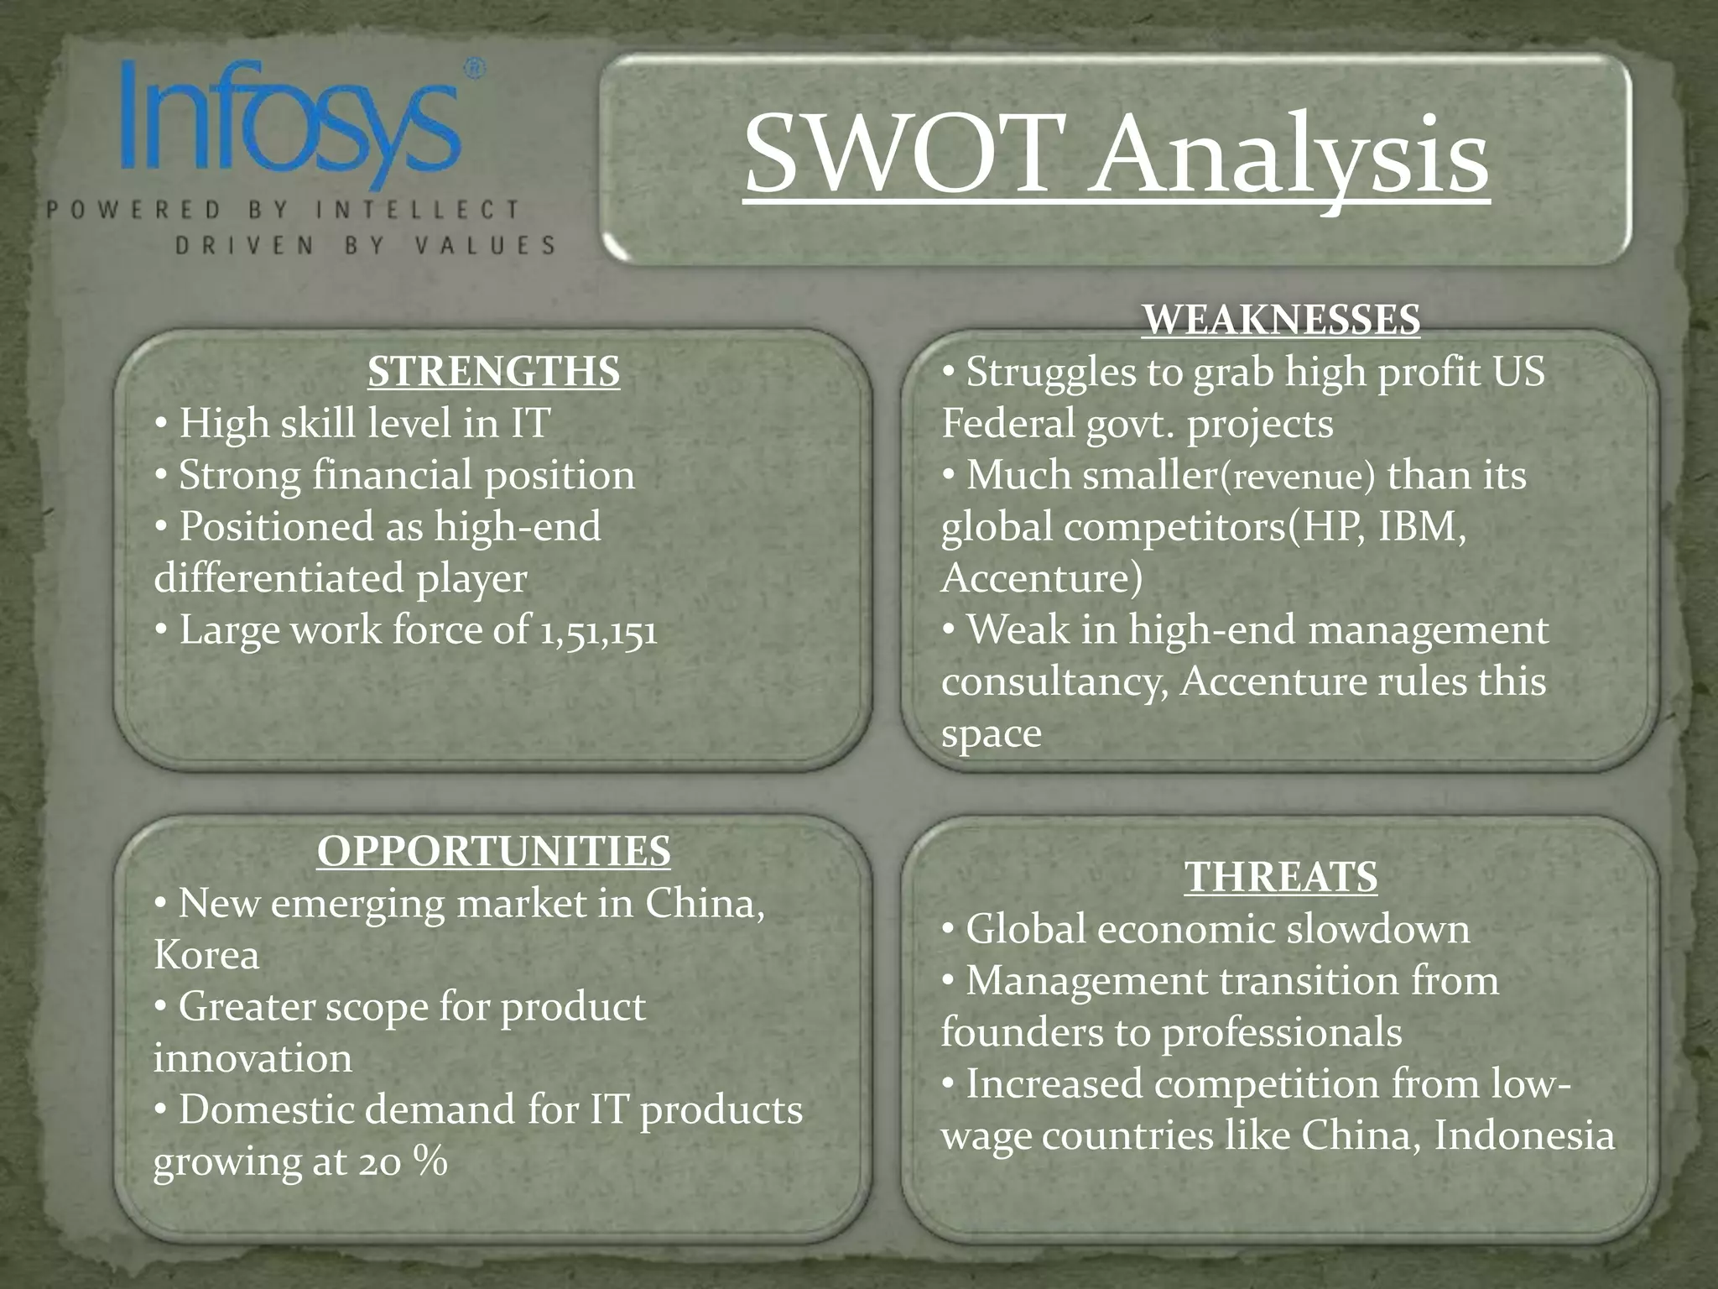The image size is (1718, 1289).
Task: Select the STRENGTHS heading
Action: [493, 372]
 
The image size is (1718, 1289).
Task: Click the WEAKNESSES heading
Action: [1281, 320]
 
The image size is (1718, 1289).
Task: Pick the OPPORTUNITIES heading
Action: [493, 851]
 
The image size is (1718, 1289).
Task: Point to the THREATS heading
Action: [1281, 877]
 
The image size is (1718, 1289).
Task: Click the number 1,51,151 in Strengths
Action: [597, 631]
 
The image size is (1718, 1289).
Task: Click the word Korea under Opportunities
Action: [206, 956]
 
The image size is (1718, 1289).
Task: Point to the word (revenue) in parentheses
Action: [1297, 477]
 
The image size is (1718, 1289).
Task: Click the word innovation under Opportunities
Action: [252, 1059]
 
